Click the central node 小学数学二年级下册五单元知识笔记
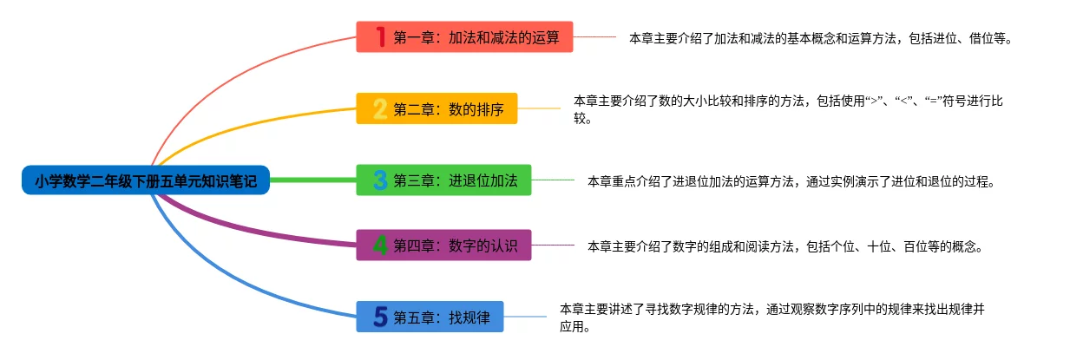coord(146,180)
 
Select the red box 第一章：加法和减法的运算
coord(464,37)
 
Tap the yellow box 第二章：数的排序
coord(437,108)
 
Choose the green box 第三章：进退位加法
coord(443,180)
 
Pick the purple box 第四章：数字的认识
coord(443,245)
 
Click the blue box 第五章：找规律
coord(430,317)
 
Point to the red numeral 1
coord(380,37)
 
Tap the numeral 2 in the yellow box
coord(380,108)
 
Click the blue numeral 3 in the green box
coord(380,180)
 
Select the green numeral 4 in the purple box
coord(380,245)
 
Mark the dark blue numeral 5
coord(380,317)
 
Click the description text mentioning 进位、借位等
coord(820,39)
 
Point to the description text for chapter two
coord(788,109)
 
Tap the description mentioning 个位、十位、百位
coord(784,246)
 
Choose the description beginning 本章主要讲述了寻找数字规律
coord(771,317)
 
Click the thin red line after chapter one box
coord(594,37)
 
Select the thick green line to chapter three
coord(312,180)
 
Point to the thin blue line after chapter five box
coord(525,317)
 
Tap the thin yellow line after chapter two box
coord(539,108)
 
